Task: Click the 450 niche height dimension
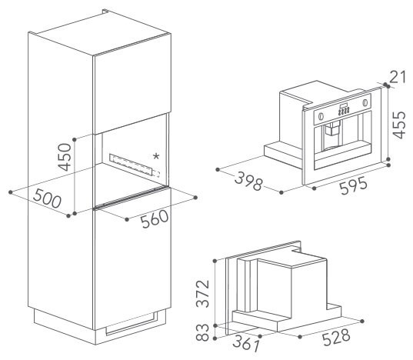pyautogui.click(x=65, y=157)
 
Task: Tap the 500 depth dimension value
pyautogui.click(x=48, y=198)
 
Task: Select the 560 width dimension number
pyautogui.click(x=155, y=218)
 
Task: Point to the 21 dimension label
pyautogui.click(x=398, y=76)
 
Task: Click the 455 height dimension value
pyautogui.click(x=399, y=125)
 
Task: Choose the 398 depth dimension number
pyautogui.click(x=248, y=181)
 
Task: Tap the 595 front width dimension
pyautogui.click(x=353, y=185)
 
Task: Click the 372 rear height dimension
pyautogui.click(x=202, y=294)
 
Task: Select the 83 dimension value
pyautogui.click(x=202, y=332)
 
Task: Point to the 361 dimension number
pyautogui.click(x=246, y=343)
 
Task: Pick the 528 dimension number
pyautogui.click(x=336, y=337)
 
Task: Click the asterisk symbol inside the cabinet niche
pyautogui.click(x=156, y=156)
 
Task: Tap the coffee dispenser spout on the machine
pyautogui.click(x=331, y=128)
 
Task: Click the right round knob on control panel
pyautogui.click(x=365, y=102)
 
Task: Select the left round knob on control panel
pyautogui.click(x=321, y=116)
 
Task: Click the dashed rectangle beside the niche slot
pyautogui.click(x=156, y=174)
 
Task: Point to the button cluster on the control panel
pyautogui.click(x=344, y=110)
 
